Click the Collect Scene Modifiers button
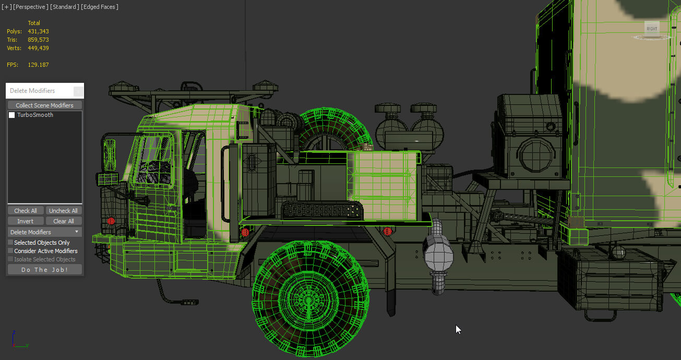(44, 105)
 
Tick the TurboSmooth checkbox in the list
(12, 115)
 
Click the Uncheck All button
(63, 211)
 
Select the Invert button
(26, 221)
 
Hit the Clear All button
(64, 221)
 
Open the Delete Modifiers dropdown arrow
(77, 232)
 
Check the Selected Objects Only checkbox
(10, 242)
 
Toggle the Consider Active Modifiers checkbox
(10, 251)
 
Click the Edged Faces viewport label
(100, 7)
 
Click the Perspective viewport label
(30, 7)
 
